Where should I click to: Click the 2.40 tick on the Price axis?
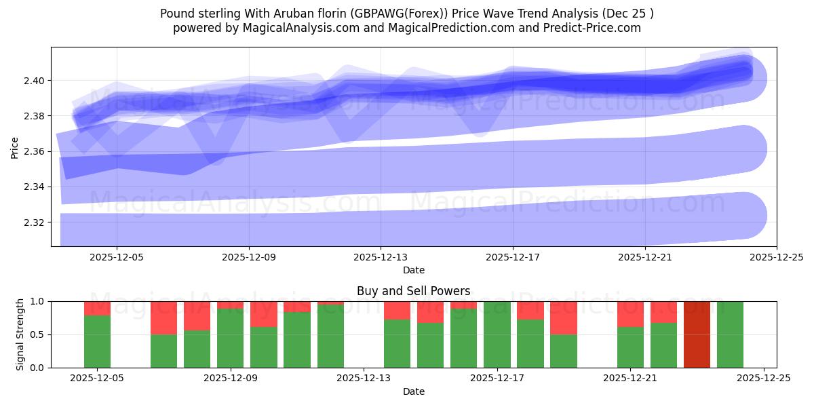(36, 81)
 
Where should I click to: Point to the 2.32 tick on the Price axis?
(36, 222)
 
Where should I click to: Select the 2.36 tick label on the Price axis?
(36, 151)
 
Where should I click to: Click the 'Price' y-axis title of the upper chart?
(15, 147)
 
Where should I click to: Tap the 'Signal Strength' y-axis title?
(20, 334)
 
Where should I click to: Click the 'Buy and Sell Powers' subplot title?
(413, 291)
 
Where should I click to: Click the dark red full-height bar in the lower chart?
(697, 334)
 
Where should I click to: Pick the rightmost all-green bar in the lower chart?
(730, 334)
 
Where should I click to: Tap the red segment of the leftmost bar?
(97, 308)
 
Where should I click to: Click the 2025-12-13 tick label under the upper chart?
(381, 258)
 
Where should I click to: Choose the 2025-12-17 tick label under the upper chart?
(513, 258)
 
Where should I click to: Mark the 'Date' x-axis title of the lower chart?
(413, 391)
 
